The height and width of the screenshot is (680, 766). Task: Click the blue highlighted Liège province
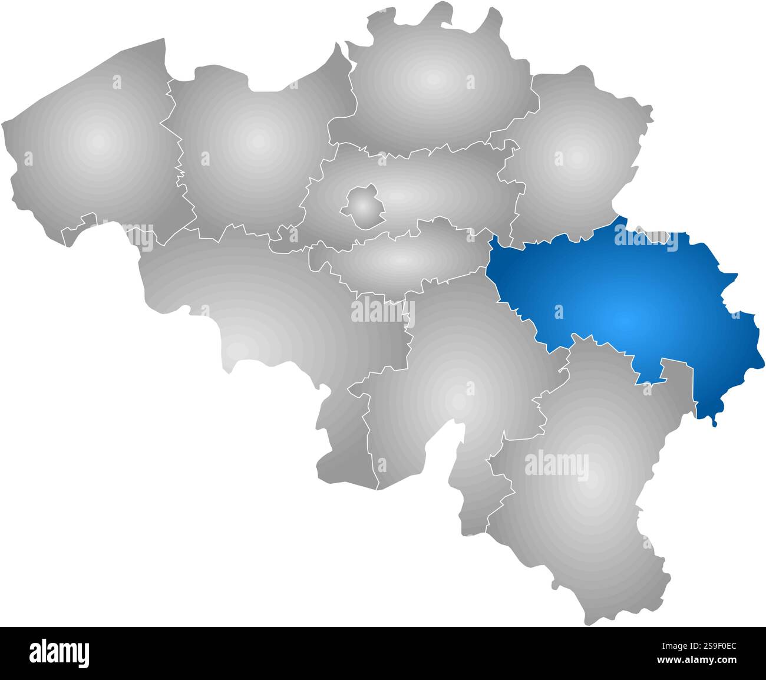tap(625, 306)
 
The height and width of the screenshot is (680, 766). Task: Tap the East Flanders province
tap(253, 147)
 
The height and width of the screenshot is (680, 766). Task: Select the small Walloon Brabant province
tap(401, 259)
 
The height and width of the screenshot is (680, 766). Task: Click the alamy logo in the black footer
tap(59, 653)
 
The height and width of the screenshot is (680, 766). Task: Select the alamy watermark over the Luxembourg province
tap(556, 464)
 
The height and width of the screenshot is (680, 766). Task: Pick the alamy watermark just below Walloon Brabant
tap(383, 311)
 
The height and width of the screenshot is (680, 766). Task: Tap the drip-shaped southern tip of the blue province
tap(714, 421)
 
